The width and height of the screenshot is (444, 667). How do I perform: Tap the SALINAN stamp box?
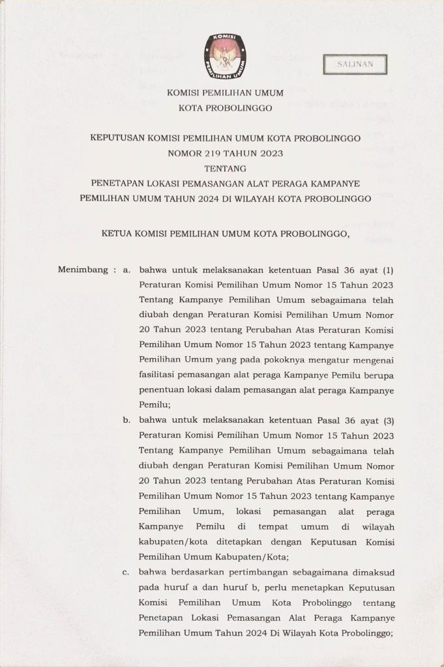pyautogui.click(x=355, y=64)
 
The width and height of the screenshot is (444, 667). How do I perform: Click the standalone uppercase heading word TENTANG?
pyautogui.click(x=220, y=169)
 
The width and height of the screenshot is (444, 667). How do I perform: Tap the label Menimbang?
pyautogui.click(x=81, y=270)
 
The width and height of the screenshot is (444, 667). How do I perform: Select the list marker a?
pyautogui.click(x=126, y=270)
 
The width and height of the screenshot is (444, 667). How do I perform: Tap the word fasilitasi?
pyautogui.click(x=161, y=375)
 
